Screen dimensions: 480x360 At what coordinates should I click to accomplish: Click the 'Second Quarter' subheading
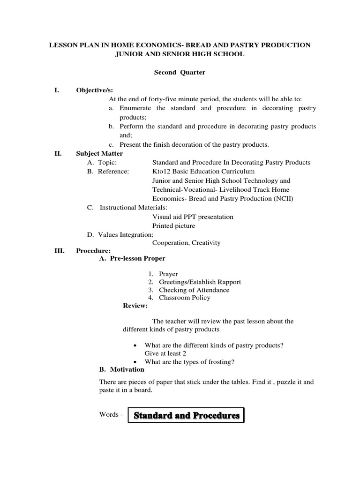[x=180, y=73]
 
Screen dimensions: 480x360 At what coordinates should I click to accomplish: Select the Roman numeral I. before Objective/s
[x=57, y=90]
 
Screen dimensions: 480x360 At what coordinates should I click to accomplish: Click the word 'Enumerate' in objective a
[x=136, y=108]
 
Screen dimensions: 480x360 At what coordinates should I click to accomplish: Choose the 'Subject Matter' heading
[x=99, y=153]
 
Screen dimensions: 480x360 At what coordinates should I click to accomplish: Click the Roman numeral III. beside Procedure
[x=58, y=251]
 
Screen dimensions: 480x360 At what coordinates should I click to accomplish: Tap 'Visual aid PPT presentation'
[x=193, y=217]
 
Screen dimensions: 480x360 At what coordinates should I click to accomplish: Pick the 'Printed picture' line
[x=174, y=226]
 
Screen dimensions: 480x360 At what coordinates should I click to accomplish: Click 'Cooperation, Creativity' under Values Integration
[x=186, y=243]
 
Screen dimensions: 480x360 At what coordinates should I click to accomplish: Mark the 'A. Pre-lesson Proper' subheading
[x=132, y=258]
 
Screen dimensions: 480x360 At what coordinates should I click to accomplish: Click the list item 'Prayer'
[x=168, y=274]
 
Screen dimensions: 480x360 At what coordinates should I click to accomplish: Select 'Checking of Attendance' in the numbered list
[x=194, y=290]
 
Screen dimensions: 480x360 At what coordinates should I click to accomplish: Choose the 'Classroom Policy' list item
[x=185, y=298]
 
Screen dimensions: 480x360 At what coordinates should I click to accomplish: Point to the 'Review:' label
[x=135, y=306]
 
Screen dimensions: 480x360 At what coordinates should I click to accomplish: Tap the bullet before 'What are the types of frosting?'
[x=135, y=362]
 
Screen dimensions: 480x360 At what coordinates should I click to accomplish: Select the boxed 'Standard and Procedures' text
[x=187, y=415]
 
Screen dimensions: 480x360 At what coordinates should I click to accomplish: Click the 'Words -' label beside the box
[x=111, y=415]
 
